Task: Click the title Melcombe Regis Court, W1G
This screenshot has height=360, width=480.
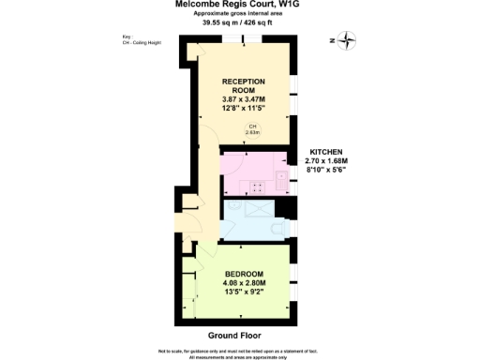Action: point(239,5)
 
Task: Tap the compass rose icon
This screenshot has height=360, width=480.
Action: point(349,40)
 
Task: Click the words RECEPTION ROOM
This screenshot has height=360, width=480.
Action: point(243,86)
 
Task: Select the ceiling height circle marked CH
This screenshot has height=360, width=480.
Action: point(251,130)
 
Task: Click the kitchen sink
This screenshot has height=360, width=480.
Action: point(280,176)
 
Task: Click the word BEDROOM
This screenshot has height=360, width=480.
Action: point(244,275)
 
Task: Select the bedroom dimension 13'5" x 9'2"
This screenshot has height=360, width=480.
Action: point(244,292)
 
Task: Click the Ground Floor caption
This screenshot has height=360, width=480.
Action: point(233,335)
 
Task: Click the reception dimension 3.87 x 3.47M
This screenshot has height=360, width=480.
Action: point(243,100)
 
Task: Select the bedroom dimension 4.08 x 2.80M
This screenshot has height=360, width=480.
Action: point(244,283)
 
